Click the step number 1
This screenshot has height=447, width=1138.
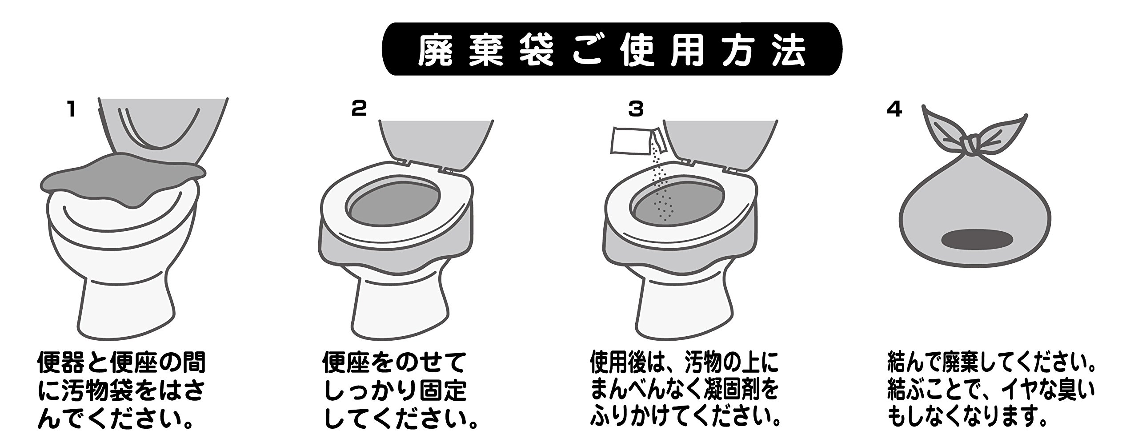pos(70,109)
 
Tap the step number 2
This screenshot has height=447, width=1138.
pos(359,109)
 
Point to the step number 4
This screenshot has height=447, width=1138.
pos(894,109)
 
